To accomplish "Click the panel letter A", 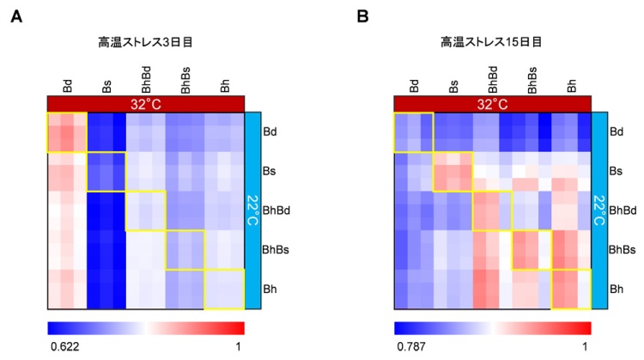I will [15, 17].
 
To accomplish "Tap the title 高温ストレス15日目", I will [491, 40].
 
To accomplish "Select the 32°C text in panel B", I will [492, 103].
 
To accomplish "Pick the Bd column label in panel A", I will [67, 85].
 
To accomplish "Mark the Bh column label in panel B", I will [572, 85].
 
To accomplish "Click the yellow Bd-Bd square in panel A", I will [67, 132].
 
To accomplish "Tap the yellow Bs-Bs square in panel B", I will [453, 172].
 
